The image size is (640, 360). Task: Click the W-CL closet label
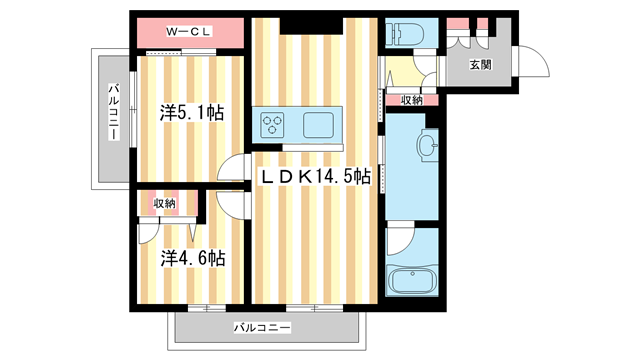(189, 33)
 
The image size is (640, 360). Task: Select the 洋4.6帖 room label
(191, 257)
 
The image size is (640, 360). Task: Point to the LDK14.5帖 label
(315, 177)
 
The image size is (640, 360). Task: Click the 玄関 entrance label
(480, 65)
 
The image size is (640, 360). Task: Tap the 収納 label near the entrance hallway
(411, 100)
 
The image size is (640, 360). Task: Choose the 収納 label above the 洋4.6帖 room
(165, 203)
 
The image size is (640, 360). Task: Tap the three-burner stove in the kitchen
(273, 126)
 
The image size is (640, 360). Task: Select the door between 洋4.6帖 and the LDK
(231, 204)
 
